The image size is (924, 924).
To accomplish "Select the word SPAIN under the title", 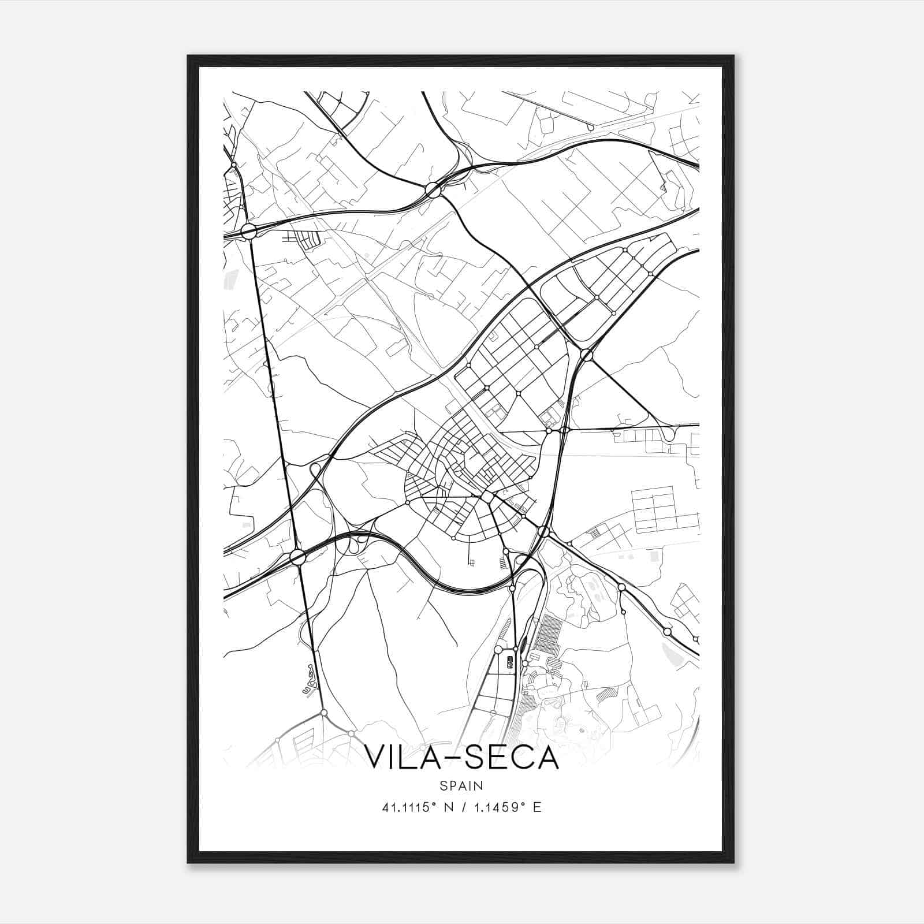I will coord(461,786).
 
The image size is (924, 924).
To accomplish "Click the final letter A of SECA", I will coord(547,758).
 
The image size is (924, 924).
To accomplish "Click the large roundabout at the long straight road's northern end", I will coord(249,232).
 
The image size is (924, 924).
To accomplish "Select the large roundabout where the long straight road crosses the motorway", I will coord(297,557).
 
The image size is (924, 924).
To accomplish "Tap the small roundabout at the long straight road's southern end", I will coord(324,713).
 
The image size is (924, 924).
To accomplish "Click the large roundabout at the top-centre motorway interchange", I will coord(432,189).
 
